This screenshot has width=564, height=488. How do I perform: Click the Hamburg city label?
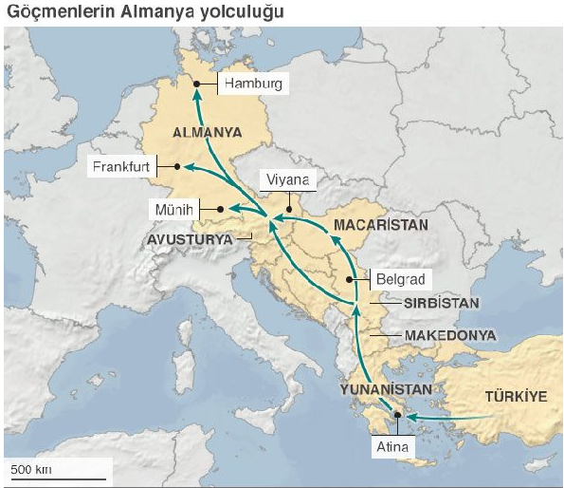tap(253, 84)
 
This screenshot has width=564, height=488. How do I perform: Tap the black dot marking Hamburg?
tap(197, 84)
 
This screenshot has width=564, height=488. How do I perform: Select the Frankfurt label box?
tap(120, 166)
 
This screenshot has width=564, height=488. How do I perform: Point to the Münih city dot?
tap(220, 209)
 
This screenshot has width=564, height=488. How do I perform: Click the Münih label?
tap(173, 209)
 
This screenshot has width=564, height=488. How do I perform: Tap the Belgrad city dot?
tap(351, 280)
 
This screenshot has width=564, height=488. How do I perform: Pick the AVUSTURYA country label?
tap(190, 240)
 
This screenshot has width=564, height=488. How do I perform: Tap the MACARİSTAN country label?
tap(380, 225)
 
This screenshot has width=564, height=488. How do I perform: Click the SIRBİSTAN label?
tap(441, 303)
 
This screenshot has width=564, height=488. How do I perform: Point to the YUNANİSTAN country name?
tap(379, 388)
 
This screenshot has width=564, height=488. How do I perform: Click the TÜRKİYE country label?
tap(516, 396)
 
